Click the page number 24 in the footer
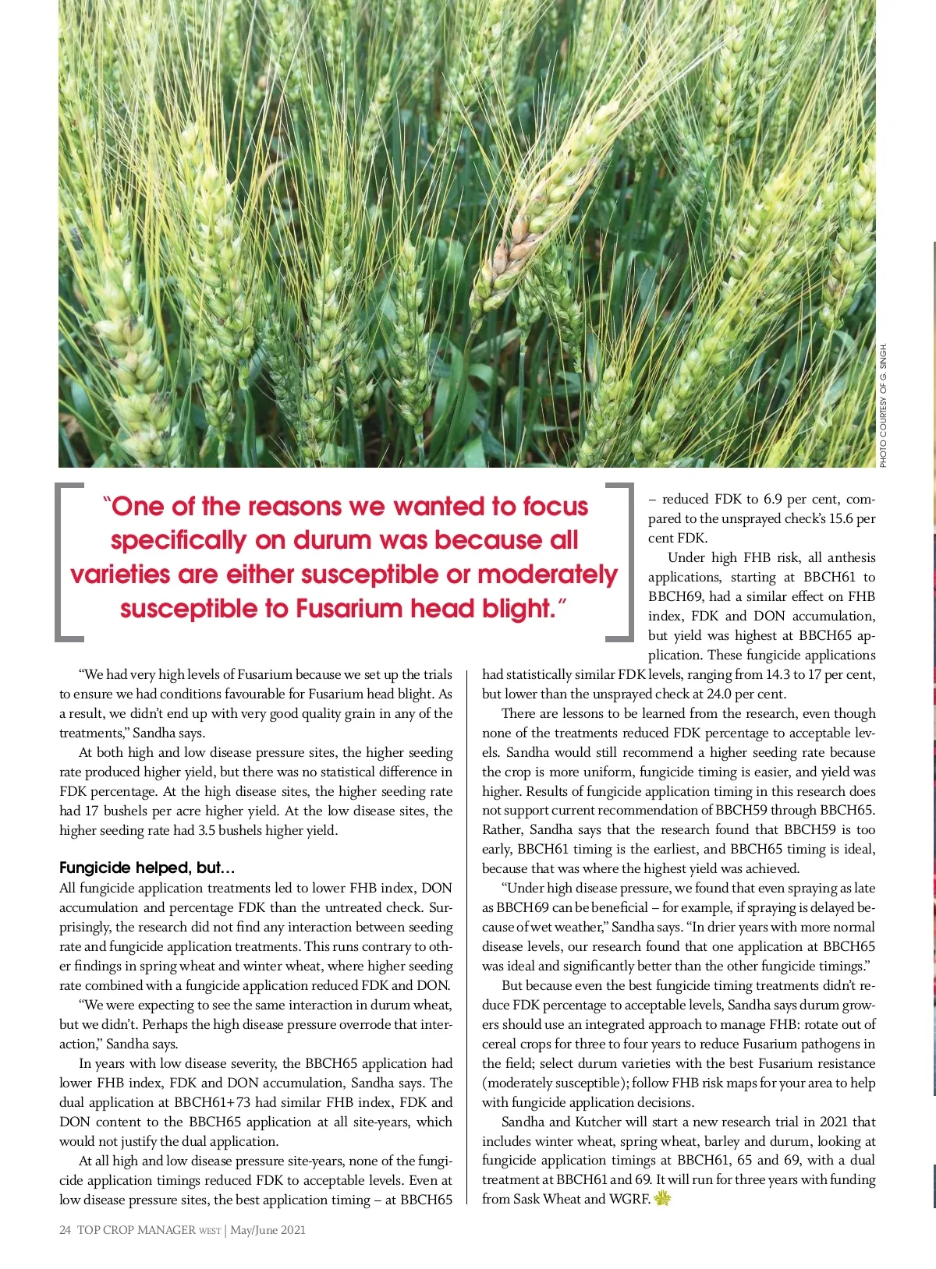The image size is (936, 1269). (x=65, y=1230)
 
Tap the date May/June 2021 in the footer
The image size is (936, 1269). (x=268, y=1230)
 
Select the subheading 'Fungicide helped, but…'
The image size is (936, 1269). (x=147, y=868)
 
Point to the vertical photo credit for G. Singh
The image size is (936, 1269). (x=883, y=405)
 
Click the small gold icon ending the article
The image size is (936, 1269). (x=662, y=1199)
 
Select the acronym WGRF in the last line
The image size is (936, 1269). (x=629, y=1199)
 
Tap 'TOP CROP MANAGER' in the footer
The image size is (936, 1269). (x=136, y=1230)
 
